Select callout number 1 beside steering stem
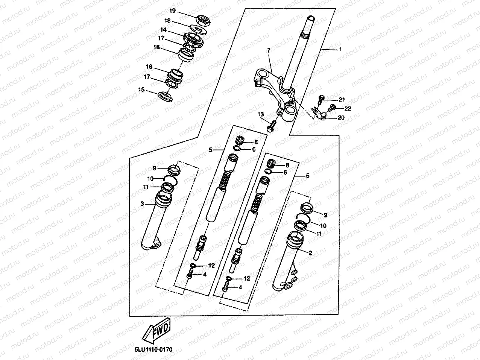340,49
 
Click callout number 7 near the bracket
269,50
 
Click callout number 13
261,114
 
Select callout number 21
342,100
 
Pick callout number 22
347,109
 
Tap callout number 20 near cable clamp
341,118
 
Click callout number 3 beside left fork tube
142,204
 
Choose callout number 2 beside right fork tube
310,253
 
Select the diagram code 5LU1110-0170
153,349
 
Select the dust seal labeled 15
167,96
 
